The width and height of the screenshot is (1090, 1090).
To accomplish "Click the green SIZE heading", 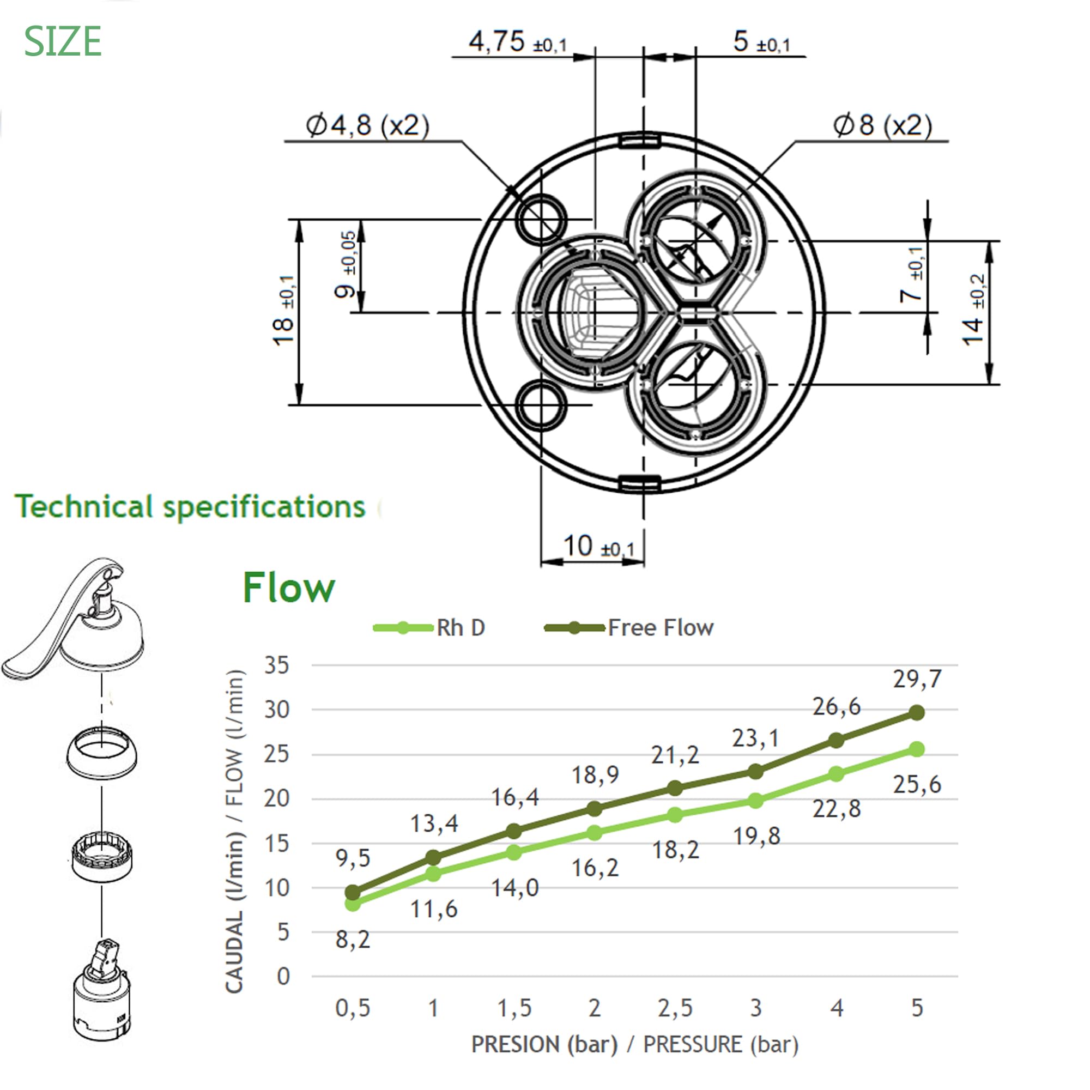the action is point(63,42).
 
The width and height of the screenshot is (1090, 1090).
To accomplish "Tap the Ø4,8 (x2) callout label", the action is point(368,125).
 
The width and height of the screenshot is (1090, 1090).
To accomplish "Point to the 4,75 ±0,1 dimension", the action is point(518,42).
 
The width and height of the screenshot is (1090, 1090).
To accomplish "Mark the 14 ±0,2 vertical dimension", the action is point(973,310).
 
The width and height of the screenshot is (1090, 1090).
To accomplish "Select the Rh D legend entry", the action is point(429,628).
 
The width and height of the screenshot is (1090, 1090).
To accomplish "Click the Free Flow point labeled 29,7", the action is point(917,712).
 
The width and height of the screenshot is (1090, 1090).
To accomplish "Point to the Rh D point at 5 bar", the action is point(917,749).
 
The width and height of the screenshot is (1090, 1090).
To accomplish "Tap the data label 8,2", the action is point(353,940).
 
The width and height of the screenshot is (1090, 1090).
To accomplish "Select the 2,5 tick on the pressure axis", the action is point(675,1008).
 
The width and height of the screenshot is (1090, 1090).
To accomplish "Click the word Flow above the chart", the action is point(289,588).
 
